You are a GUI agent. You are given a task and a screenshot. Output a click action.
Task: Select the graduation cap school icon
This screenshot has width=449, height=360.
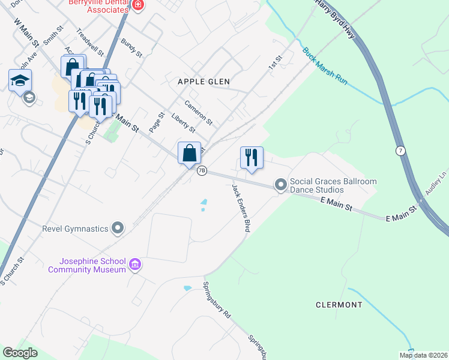tap(20, 80)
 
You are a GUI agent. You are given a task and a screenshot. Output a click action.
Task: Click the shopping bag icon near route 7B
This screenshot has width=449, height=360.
tap(189, 153)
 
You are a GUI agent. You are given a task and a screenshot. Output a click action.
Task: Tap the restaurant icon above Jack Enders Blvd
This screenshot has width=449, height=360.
tap(252, 158)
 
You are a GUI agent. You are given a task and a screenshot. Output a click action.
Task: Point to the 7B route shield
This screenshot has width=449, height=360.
tap(202, 170)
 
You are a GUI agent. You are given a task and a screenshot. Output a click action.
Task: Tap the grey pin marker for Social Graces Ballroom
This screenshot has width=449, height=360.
tap(280, 185)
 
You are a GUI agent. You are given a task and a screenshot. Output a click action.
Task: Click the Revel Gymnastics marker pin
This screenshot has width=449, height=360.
tap(118, 228)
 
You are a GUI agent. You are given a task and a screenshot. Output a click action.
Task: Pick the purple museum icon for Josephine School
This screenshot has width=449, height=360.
tap(135, 265)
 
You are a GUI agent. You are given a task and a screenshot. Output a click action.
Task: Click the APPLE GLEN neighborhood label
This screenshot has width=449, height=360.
tap(203, 81)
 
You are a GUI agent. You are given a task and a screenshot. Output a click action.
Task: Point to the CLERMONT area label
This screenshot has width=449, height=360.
tap(339, 305)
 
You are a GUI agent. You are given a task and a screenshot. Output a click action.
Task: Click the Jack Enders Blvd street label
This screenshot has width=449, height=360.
tap(241, 208)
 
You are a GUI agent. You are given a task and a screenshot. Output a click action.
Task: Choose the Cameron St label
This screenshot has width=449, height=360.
tap(199, 112)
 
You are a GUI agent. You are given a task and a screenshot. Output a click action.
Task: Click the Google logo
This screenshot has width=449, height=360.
tap(20, 353)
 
